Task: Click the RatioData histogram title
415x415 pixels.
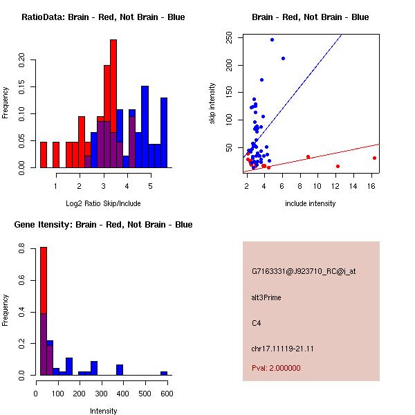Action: (103, 17)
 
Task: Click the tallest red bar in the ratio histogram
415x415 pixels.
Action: (113, 104)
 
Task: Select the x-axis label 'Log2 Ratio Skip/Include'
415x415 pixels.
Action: (102, 203)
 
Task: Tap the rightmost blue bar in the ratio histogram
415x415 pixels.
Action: (164, 132)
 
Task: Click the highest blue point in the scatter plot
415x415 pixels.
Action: (273, 39)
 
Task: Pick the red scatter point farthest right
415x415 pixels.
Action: (374, 158)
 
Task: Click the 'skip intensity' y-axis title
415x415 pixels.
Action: (213, 103)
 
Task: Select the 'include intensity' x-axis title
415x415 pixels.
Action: (311, 203)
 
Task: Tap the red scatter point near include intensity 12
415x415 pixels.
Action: (338, 166)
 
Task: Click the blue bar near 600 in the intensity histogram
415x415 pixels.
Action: (164, 373)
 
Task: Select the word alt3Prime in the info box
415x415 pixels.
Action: (266, 297)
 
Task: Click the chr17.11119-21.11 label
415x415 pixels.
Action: (283, 349)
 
